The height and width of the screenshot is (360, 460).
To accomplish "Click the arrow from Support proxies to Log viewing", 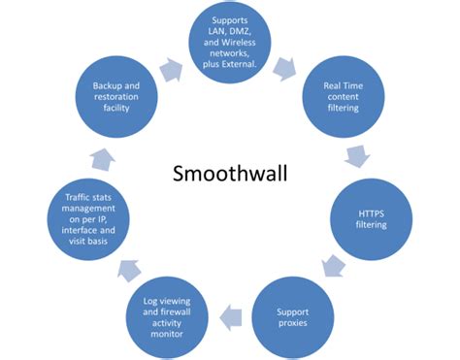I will click(229, 314).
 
